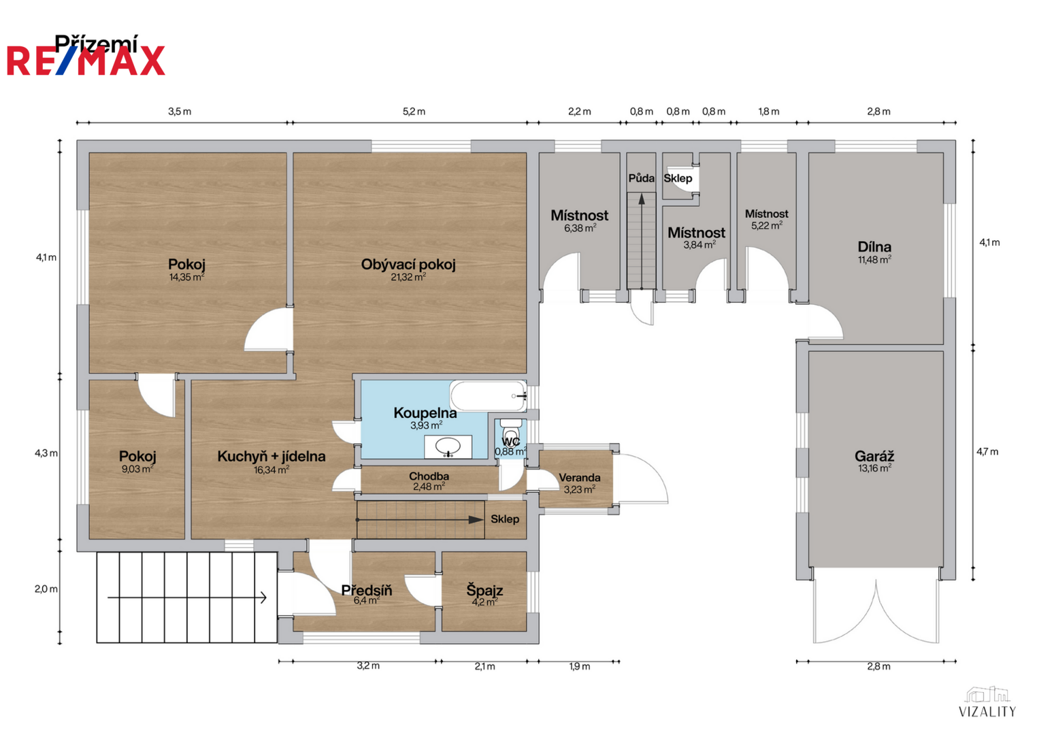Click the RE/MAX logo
86,61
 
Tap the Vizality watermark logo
987,701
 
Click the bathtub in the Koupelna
489,396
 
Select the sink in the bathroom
448,447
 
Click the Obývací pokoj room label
408,265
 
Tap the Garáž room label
874,456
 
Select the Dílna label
874,246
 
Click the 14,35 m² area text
186,277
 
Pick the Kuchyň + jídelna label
271,456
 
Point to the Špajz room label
484,590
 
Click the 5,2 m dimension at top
414,112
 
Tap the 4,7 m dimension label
987,451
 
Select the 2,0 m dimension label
46,589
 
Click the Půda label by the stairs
642,178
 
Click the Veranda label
579,478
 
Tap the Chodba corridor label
429,476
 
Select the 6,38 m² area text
580,228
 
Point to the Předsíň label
367,590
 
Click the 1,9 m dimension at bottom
580,666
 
